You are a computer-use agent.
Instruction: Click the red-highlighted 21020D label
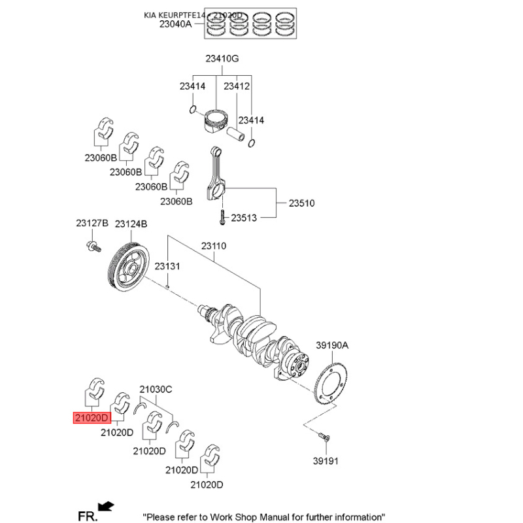tap(92, 418)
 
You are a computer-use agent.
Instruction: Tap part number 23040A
tap(175, 24)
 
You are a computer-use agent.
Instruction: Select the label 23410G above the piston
tap(222, 59)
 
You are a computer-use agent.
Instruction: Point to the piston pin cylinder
tap(236, 133)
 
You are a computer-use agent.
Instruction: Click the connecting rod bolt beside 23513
tap(222, 218)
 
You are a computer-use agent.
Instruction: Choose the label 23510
tap(301, 203)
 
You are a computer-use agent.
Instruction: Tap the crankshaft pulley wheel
tap(129, 267)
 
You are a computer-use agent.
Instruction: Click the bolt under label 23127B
tap(93, 247)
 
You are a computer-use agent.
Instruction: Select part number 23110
tap(214, 246)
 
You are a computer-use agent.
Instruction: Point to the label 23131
tap(167, 266)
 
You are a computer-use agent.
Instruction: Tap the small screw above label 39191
tap(324, 437)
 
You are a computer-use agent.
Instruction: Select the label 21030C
tap(156, 389)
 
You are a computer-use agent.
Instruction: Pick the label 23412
tap(237, 86)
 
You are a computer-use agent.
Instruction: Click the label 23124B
tap(131, 224)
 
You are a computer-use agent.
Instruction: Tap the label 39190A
tap(332, 345)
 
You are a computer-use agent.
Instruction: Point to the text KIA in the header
tap(150, 15)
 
